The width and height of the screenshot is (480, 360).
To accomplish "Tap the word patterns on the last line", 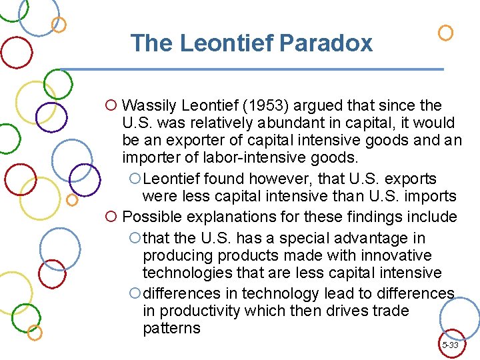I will (x=171, y=328).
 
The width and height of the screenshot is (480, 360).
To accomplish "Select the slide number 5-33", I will (x=450, y=345).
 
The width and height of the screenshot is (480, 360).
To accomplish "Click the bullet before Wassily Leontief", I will (x=111, y=105).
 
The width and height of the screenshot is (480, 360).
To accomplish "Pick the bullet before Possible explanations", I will (x=111, y=217).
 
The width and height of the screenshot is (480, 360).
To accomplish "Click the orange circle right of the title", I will (x=445, y=33).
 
